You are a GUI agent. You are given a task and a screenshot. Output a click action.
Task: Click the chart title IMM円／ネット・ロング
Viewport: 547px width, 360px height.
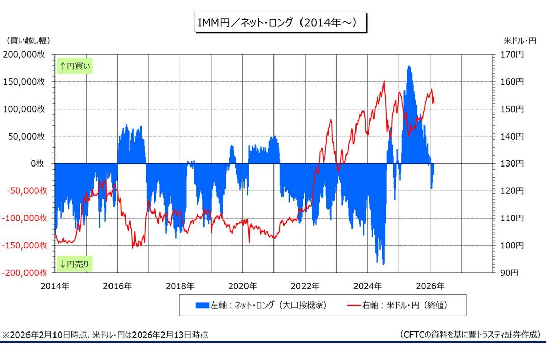coord(280,22)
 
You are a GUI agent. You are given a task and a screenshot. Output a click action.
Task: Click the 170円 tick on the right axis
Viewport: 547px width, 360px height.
coord(511,54)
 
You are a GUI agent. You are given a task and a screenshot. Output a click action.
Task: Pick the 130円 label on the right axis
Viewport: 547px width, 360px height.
coord(511,163)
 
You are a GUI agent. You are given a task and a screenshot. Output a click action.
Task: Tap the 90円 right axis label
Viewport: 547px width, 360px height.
coord(510,273)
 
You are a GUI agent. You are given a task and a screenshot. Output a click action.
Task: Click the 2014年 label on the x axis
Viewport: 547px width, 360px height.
coord(55,286)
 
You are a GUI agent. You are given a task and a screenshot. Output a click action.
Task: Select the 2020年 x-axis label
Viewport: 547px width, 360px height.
coord(242,286)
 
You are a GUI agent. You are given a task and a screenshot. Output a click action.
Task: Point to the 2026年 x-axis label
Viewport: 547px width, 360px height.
coord(430,286)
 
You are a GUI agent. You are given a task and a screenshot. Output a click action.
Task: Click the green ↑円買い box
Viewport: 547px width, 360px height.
coord(74,66)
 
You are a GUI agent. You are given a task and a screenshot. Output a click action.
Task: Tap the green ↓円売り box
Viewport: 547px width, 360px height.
coord(74,263)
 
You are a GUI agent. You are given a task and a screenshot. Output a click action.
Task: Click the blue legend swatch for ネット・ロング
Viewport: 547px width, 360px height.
coord(202,306)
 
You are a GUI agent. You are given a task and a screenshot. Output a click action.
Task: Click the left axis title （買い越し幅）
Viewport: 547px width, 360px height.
coord(29,40)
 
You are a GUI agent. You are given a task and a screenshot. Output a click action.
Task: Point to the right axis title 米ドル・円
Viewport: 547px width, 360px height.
coord(520,40)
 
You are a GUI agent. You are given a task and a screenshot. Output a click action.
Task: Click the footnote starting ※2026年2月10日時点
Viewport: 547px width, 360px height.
coord(105,335)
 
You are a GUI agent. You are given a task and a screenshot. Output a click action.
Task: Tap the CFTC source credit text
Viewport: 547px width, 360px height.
coord(469,335)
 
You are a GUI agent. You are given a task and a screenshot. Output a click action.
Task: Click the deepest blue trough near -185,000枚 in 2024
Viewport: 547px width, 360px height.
coord(383,264)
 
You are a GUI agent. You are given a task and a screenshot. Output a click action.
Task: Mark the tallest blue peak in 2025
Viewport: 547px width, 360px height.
coord(409,66)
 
